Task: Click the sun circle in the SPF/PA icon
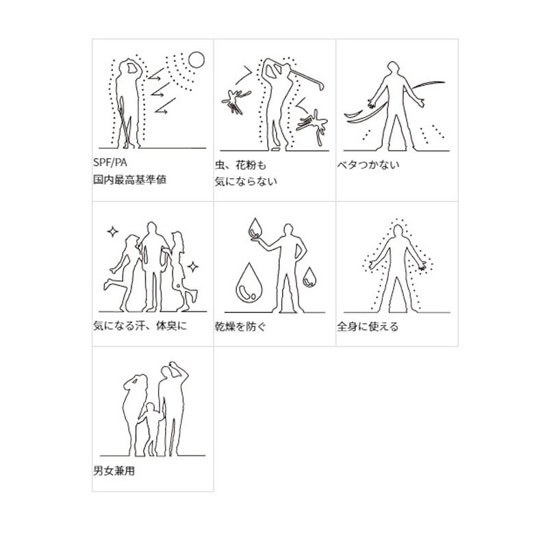pyautogui.click(x=196, y=60)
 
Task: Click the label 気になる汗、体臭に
pyautogui.click(x=139, y=326)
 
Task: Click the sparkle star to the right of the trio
pyautogui.click(x=194, y=266)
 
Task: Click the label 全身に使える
pyautogui.click(x=368, y=327)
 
